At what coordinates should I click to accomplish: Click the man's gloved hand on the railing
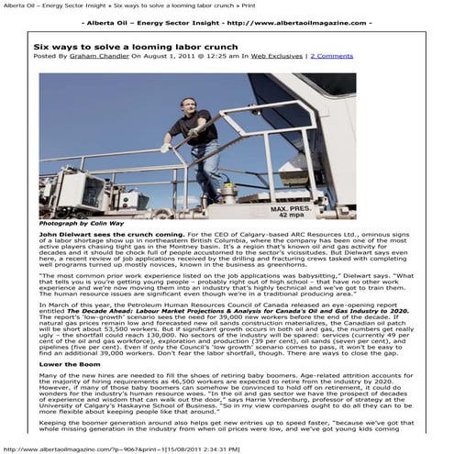coord(164,144)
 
